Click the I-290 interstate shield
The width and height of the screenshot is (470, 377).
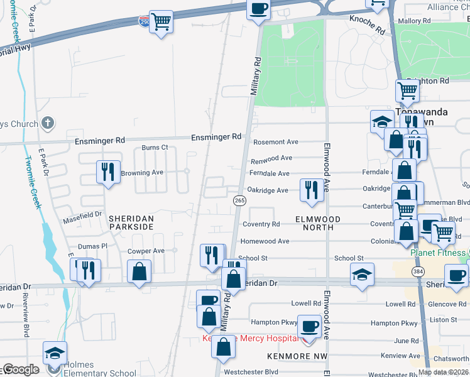pos(145,21)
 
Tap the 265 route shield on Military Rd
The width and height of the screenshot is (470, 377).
pos(239,200)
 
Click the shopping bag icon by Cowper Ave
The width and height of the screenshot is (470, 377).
pos(139,271)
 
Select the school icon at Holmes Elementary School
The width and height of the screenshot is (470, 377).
pos(55,354)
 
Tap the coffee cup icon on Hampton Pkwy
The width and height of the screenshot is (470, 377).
pos(309,326)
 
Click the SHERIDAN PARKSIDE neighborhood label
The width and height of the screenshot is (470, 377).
pos(131,221)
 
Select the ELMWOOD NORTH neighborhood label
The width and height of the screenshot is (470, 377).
pos(318,223)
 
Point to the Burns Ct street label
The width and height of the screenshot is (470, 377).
pos(155,148)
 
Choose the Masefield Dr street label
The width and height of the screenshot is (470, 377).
pos(82,214)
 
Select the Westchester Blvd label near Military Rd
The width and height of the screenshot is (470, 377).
pos(251,371)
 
